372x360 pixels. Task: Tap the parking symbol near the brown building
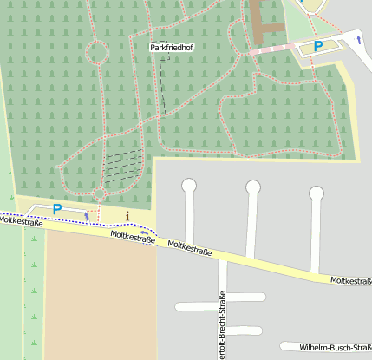click(318, 46)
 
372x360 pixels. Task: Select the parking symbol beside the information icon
click(57, 208)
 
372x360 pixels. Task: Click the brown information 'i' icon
click(127, 215)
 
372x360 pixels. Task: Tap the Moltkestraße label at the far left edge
click(20, 221)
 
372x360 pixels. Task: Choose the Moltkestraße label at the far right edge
click(350, 280)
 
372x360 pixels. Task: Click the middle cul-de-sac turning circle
click(253, 187)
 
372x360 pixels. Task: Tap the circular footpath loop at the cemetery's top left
click(95, 54)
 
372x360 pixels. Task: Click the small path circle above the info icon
click(101, 193)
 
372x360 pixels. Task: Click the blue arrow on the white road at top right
click(358, 39)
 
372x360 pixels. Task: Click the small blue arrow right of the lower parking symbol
click(86, 213)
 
